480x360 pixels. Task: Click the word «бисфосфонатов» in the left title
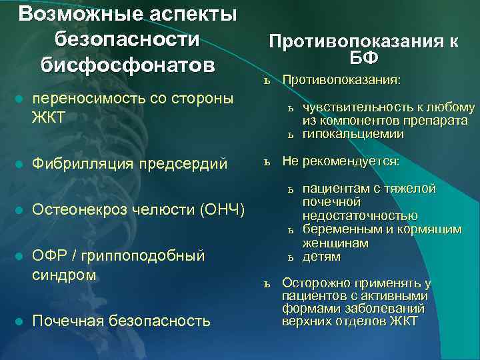[127, 65]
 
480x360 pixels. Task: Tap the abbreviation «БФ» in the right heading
[364, 57]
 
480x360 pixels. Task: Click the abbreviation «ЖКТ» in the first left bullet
[49, 118]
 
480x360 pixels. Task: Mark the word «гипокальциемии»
[353, 134]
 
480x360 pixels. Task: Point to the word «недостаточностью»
[360, 215]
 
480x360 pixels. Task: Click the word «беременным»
[337, 229]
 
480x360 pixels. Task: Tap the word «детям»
[321, 257]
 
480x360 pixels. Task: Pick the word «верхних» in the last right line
[303, 321]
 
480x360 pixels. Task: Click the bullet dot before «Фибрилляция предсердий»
[19, 163]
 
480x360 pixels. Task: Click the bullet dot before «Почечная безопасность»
[19, 322]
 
